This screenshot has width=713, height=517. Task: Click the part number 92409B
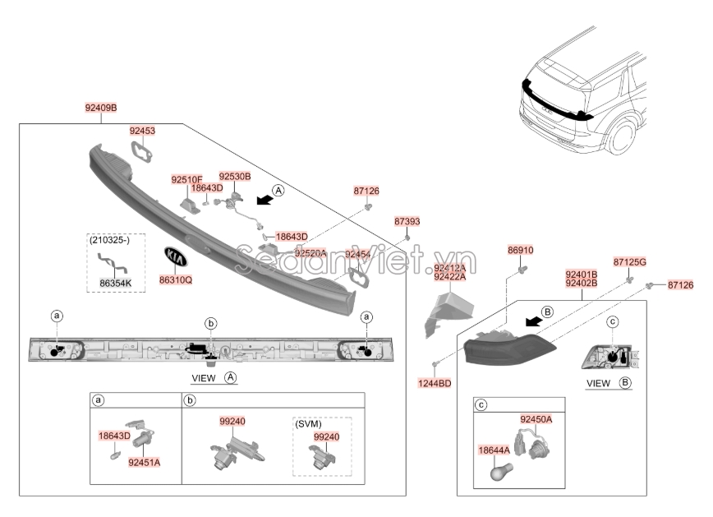(101, 108)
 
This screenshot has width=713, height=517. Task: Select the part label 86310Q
(175, 280)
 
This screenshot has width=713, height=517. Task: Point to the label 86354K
(116, 284)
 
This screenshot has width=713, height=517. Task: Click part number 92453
(142, 130)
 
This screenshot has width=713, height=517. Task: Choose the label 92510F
(186, 179)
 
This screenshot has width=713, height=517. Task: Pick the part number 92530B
(234, 176)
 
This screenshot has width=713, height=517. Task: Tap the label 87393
(407, 221)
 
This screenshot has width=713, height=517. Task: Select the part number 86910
(520, 249)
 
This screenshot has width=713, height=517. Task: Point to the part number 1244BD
(434, 382)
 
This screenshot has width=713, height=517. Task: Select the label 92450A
(536, 419)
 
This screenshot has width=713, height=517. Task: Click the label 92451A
(144, 463)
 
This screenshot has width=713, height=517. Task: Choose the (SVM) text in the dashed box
(308, 425)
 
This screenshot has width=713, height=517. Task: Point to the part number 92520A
(310, 253)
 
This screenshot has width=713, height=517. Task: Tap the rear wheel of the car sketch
(621, 137)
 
